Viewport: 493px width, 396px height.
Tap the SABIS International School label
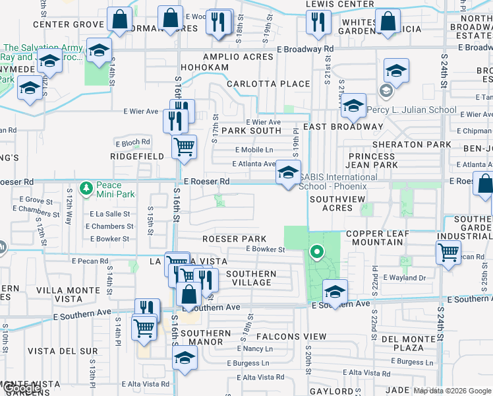338,181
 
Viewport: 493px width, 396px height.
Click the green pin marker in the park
316,251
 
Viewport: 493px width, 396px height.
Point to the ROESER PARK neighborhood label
234,239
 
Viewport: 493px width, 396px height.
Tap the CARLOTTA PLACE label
268,84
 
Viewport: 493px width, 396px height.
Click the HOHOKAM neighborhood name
206,67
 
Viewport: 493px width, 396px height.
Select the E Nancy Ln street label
245,348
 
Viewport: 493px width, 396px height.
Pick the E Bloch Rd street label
132,142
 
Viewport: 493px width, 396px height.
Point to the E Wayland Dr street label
404,278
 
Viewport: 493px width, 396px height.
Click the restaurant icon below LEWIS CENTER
319,23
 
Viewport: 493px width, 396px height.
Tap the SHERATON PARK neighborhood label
412,145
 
